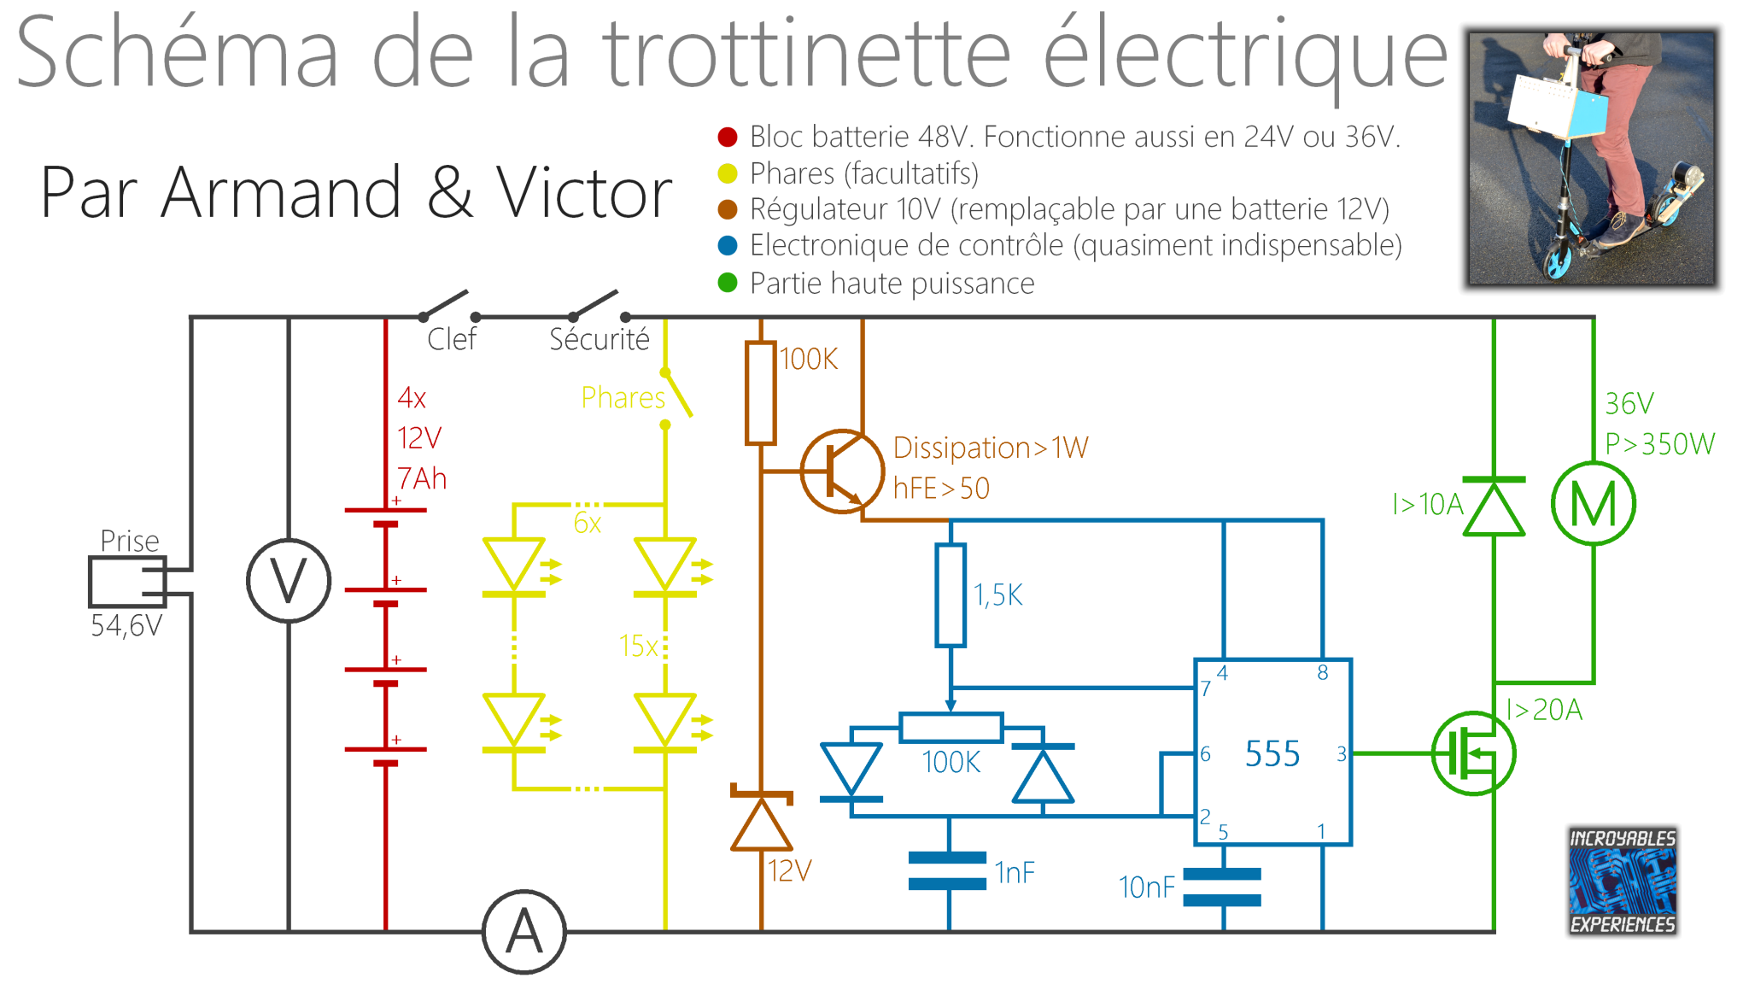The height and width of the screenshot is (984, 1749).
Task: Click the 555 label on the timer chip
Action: pyautogui.click(x=1272, y=754)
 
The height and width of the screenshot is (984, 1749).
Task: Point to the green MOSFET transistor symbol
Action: pyautogui.click(x=1473, y=753)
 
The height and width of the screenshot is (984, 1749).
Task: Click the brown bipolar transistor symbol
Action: pyautogui.click(x=842, y=471)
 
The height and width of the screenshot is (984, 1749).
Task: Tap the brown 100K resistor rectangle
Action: pyautogui.click(x=760, y=393)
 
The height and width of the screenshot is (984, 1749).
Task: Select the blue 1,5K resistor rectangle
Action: pyautogui.click(x=951, y=594)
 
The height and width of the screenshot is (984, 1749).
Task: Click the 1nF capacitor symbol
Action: pyautogui.click(x=948, y=870)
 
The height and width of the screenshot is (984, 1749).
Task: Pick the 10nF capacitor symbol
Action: pyautogui.click(x=1223, y=887)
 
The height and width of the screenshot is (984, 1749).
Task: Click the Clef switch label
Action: pyautogui.click(x=452, y=339)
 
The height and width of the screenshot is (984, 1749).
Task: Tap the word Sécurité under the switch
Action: pyautogui.click(x=600, y=339)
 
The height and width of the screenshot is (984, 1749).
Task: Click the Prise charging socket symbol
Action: pyautogui.click(x=128, y=582)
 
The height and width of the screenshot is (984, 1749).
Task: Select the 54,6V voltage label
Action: pyautogui.click(x=126, y=626)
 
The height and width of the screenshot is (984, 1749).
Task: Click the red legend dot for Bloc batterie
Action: pyautogui.click(x=728, y=137)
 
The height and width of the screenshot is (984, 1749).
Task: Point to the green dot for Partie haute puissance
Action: pyautogui.click(x=728, y=283)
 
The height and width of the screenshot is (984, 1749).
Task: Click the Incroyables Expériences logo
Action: pyautogui.click(x=1623, y=881)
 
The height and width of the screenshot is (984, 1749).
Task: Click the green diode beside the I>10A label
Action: pyautogui.click(x=1494, y=507)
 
